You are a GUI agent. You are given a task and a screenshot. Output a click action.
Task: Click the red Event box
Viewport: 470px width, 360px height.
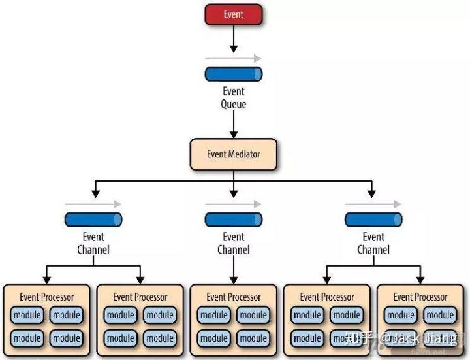234,14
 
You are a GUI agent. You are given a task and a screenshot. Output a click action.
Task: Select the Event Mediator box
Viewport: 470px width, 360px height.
234,154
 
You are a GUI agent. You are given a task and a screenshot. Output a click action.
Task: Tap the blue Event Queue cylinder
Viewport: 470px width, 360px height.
234,74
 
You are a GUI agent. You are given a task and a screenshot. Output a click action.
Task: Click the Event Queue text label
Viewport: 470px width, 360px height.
234,97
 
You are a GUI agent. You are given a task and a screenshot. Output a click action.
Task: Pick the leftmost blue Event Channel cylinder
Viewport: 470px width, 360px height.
93,220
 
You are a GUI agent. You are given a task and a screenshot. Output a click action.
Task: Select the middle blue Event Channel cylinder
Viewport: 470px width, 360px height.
234,220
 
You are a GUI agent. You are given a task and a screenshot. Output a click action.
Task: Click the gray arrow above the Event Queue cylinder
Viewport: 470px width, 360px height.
234,59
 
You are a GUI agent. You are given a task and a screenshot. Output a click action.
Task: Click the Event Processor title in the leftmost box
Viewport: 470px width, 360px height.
47,297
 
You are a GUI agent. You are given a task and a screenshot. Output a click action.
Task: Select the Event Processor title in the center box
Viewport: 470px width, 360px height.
234,297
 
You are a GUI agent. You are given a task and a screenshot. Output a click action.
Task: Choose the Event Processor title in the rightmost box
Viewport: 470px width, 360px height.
420,297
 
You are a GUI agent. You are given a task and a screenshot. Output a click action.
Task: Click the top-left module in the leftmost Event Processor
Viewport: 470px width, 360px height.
27,315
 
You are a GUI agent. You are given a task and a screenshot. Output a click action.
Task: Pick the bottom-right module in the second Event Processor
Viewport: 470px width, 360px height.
159,338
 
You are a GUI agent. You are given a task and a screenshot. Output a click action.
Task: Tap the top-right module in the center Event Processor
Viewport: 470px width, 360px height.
253,315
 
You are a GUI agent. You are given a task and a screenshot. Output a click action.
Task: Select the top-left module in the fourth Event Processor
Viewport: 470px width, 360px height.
307,315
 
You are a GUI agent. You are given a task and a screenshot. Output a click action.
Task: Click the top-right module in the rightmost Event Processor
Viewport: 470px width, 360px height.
440,315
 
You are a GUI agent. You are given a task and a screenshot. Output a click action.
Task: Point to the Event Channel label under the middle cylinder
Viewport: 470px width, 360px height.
234,243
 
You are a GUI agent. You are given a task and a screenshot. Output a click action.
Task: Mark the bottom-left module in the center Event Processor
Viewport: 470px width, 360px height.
214,338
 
